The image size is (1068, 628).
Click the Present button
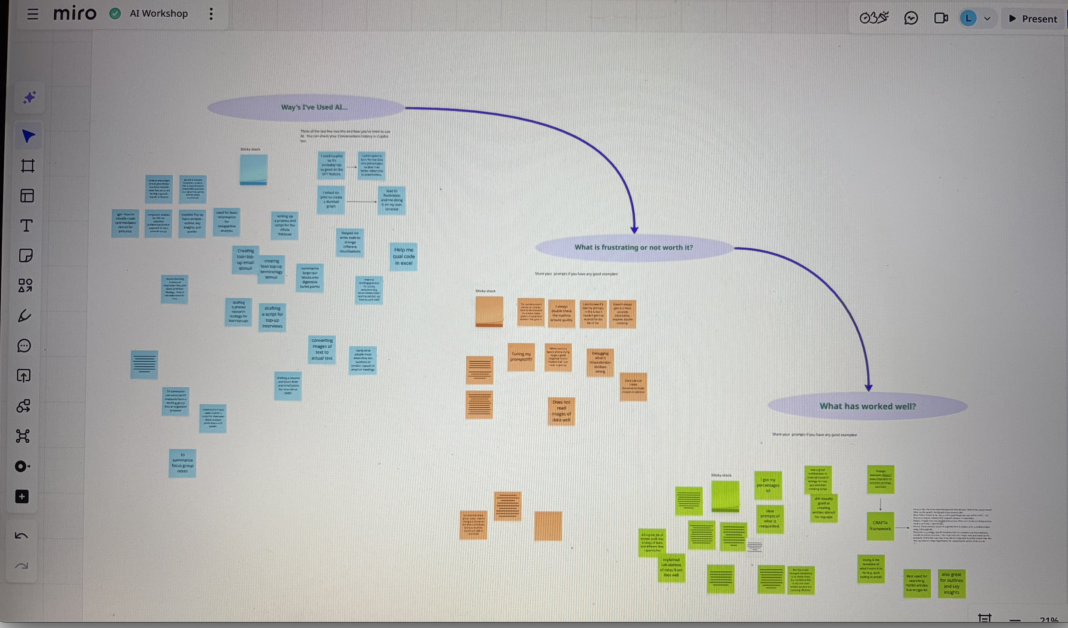pyautogui.click(x=1033, y=19)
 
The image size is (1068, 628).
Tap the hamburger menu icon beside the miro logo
pyautogui.click(x=33, y=14)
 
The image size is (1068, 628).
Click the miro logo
pyautogui.click(x=75, y=14)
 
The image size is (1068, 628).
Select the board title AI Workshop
pyautogui.click(x=159, y=14)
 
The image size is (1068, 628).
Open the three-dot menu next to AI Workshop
pyautogui.click(x=211, y=14)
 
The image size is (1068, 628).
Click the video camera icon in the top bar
pyautogui.click(x=940, y=18)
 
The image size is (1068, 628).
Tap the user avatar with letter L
pyautogui.click(x=968, y=18)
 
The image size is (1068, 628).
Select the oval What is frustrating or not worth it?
pyautogui.click(x=633, y=248)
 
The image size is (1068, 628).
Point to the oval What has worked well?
pyautogui.click(x=867, y=406)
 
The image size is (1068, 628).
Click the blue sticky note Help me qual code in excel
pyautogui.click(x=403, y=257)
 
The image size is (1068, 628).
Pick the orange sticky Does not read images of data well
pyautogui.click(x=561, y=411)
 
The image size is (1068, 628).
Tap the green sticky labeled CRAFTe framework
pyautogui.click(x=880, y=525)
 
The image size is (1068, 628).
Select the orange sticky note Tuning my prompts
pyautogui.click(x=521, y=356)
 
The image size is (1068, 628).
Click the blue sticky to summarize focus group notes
pyautogui.click(x=183, y=463)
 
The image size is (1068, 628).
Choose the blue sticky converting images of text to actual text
pyautogui.click(x=322, y=349)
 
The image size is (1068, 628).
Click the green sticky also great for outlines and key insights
pyautogui.click(x=951, y=583)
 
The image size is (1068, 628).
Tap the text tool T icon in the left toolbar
pyautogui.click(x=27, y=226)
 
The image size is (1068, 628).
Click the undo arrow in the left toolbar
pyautogui.click(x=21, y=536)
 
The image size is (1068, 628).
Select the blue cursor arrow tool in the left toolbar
pyautogui.click(x=28, y=136)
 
